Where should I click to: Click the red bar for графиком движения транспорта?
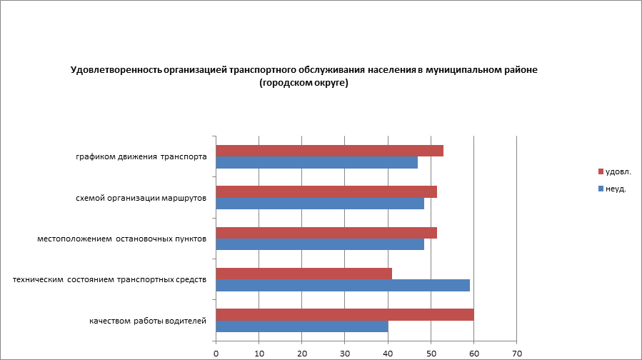pos(329,151)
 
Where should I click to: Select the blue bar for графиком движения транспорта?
pos(316,163)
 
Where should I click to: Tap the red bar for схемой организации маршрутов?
pos(326,191)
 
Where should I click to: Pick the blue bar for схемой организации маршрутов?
pos(319,204)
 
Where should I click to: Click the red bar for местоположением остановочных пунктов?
pos(326,233)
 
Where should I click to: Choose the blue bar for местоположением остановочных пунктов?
pos(319,244)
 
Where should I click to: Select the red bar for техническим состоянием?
pos(304,274)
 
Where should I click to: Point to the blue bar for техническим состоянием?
pos(342,286)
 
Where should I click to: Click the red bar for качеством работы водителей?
pos(344,314)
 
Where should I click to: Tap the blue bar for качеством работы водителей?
pos(301,326)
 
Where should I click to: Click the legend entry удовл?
pos(618,172)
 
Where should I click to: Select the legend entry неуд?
pos(615,189)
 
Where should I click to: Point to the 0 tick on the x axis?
pos(216,353)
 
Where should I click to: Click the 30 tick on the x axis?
pos(345,353)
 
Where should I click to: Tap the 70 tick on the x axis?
pos(517,353)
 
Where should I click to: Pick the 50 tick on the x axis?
pos(431,353)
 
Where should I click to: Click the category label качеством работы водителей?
pos(148,321)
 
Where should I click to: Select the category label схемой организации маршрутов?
pos(141,198)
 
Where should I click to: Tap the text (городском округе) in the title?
pos(304,83)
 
